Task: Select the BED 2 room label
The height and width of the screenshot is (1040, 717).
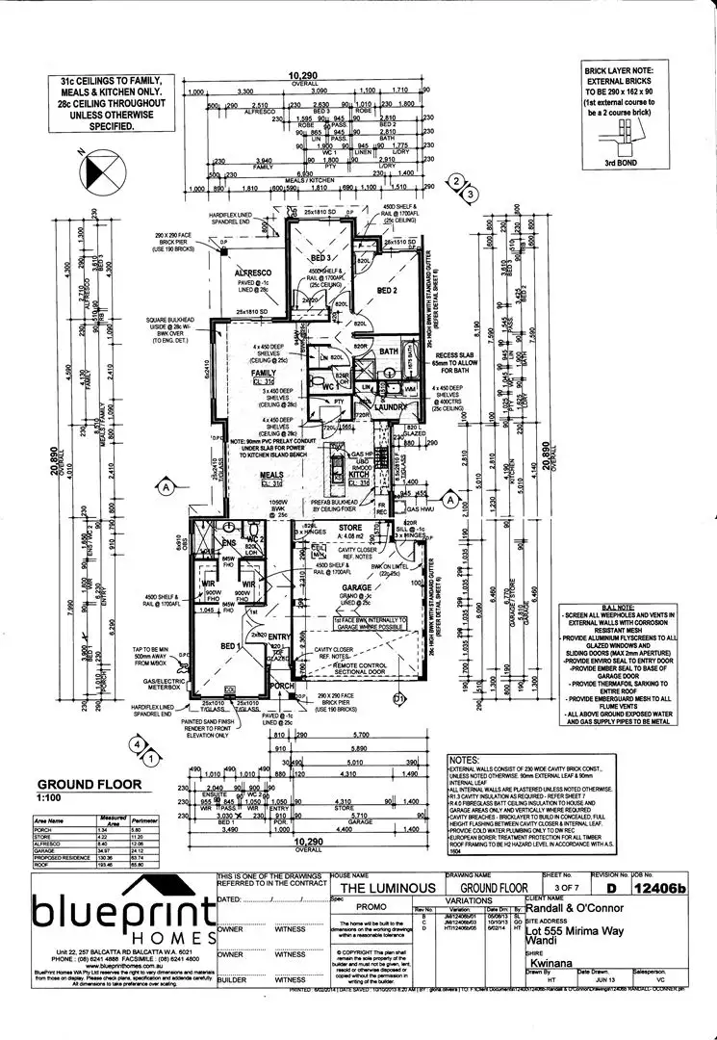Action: pyautogui.click(x=388, y=289)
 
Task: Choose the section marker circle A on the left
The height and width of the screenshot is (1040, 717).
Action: pyautogui.click(x=166, y=487)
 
